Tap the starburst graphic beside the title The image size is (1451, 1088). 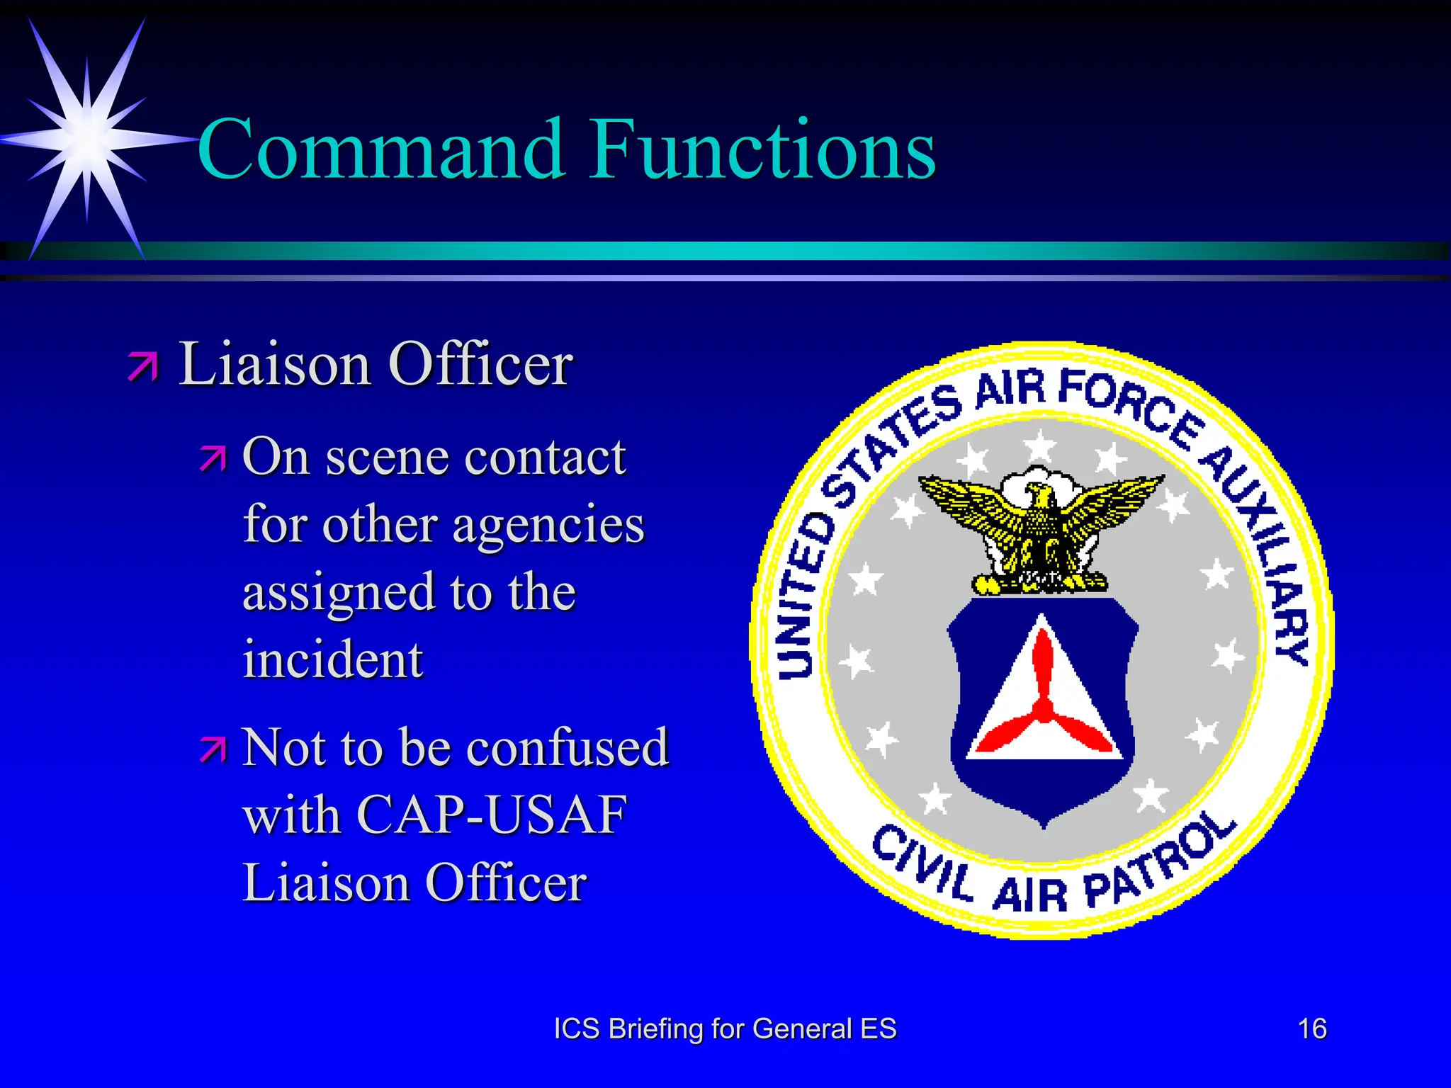point(86,138)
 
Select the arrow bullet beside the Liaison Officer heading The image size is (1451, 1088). point(144,366)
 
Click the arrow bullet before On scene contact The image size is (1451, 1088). point(213,458)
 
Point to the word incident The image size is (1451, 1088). point(332,659)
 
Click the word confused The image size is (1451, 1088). point(568,747)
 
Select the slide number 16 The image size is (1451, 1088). point(1311,1028)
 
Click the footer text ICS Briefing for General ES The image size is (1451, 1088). point(725,1028)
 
